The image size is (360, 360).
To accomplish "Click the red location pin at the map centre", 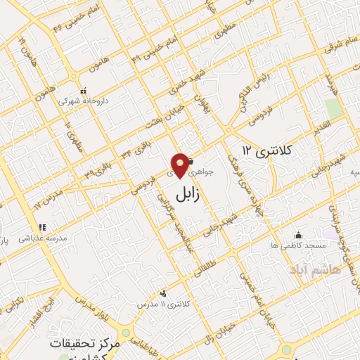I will (x=181, y=165).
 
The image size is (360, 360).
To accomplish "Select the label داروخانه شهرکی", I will (x=83, y=101).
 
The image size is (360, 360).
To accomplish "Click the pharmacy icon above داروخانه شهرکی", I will (x=83, y=91).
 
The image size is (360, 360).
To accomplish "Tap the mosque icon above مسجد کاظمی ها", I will (x=300, y=235).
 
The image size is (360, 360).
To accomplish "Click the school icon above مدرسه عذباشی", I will (x=42, y=227).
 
